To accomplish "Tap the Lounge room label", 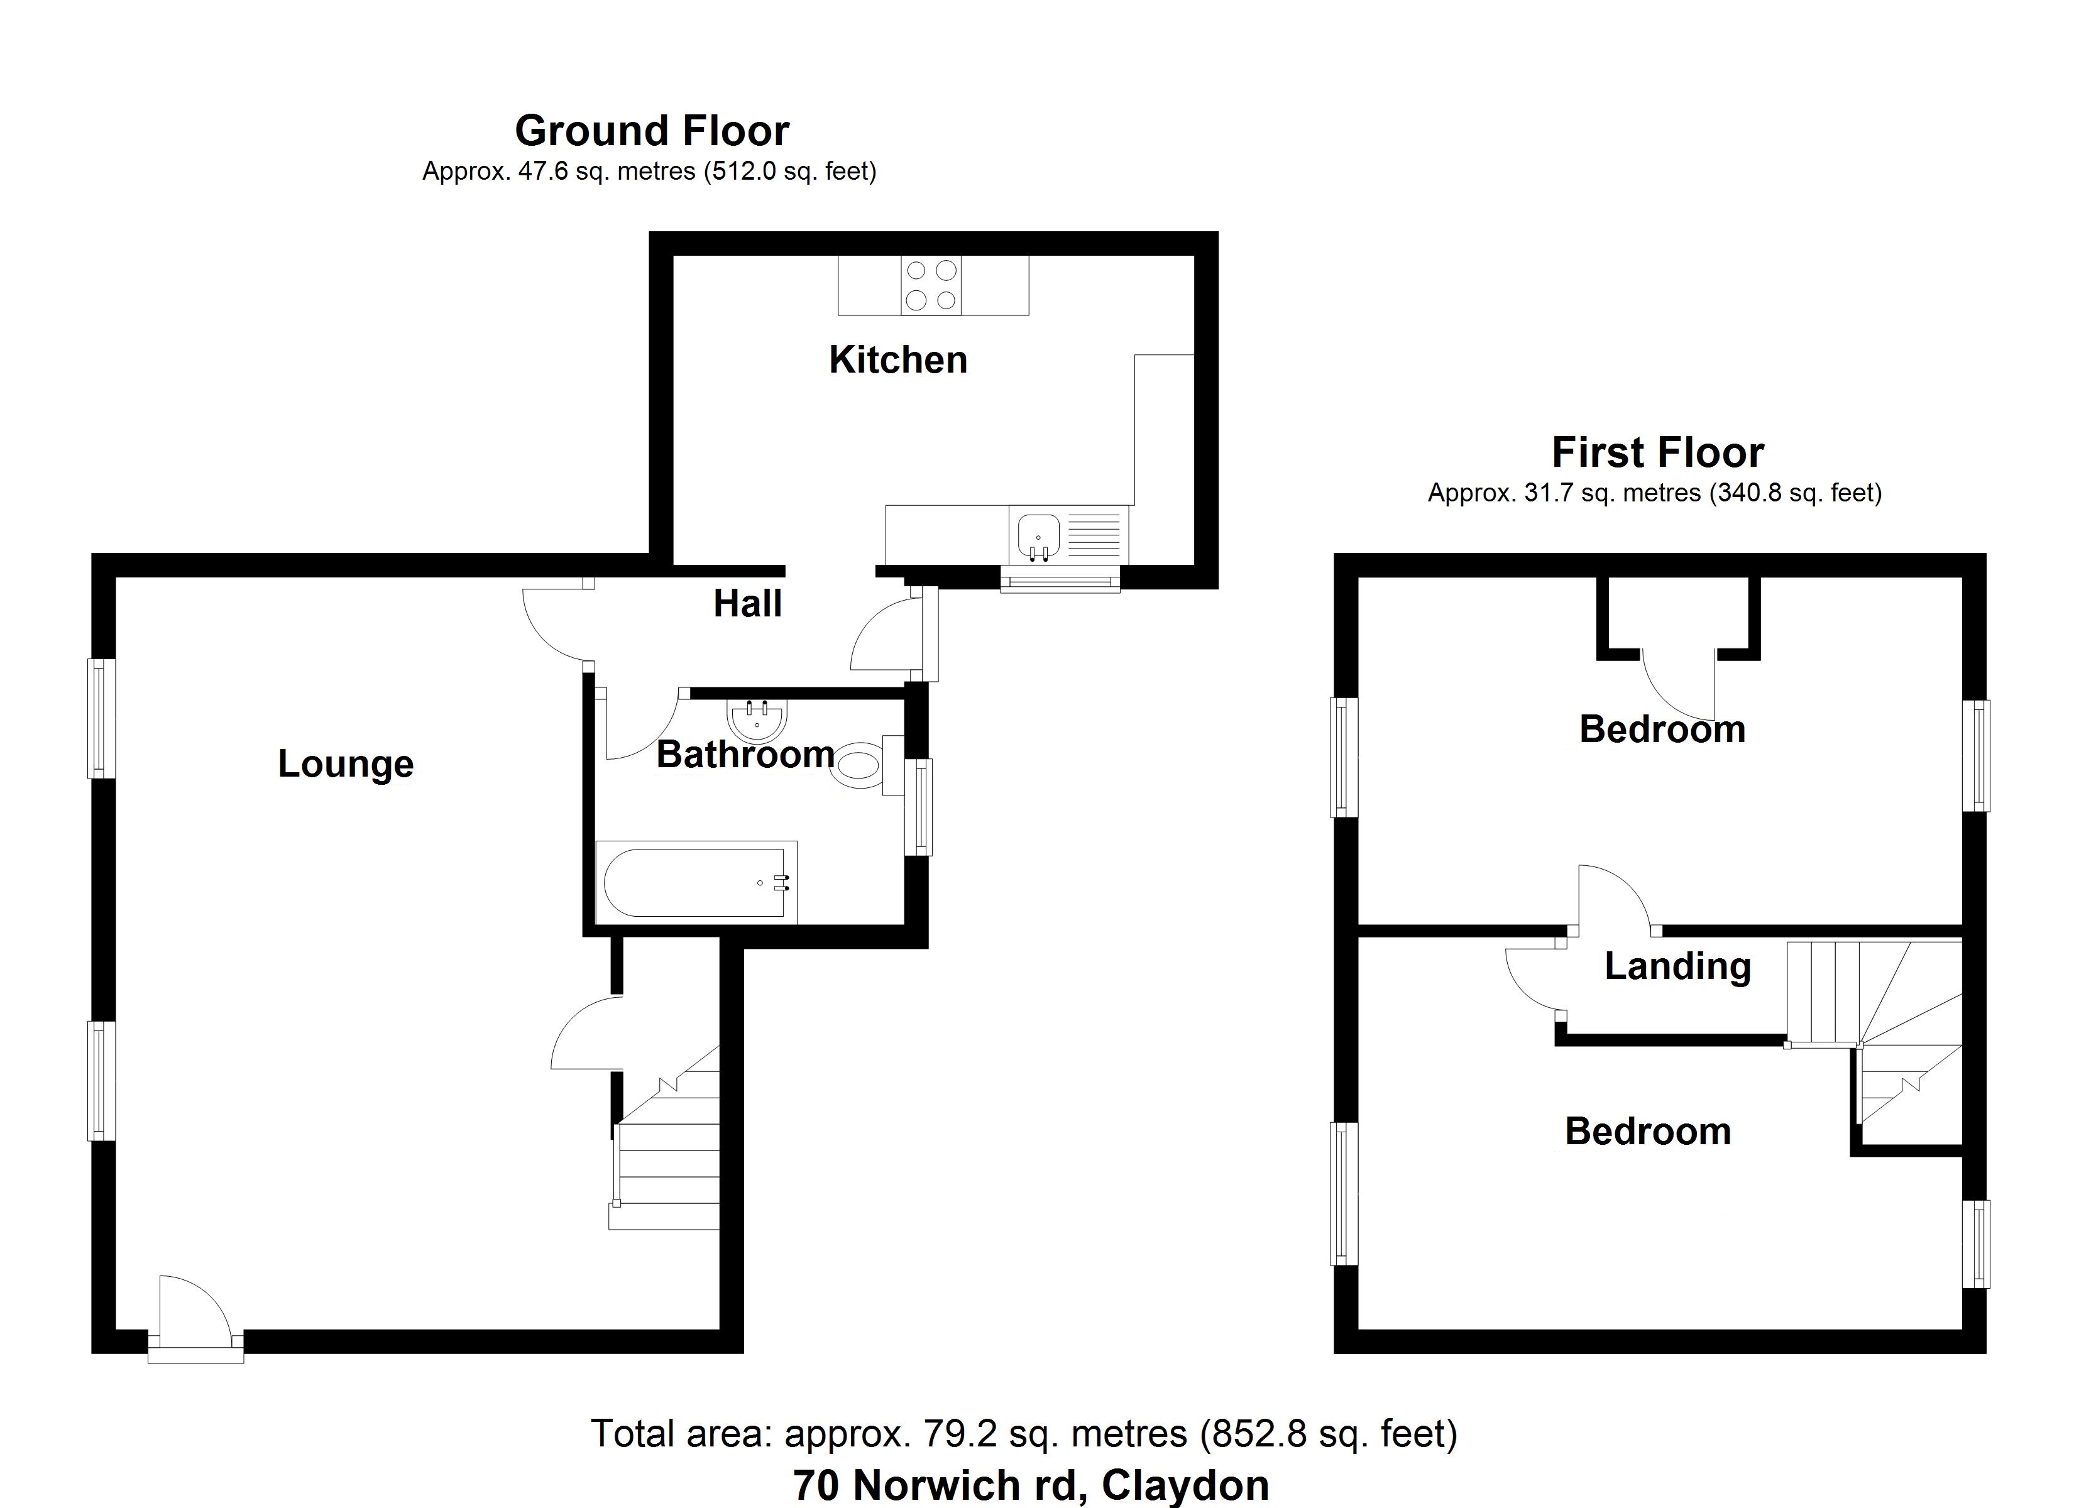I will pos(346,763).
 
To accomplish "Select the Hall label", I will pos(747,604).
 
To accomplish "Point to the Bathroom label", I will pos(745,755).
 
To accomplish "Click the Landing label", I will pos(1677,966).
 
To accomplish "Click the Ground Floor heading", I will pos(651,131).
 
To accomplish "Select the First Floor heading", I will pos(1657,452).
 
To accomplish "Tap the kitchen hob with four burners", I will pos(931,285).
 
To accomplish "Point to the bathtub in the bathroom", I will pos(695,882).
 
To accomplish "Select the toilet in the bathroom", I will pos(864,765).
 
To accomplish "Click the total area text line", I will pos(1023,1433).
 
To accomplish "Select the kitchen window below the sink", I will pos(1060,580).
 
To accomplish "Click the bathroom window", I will pos(919,807).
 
